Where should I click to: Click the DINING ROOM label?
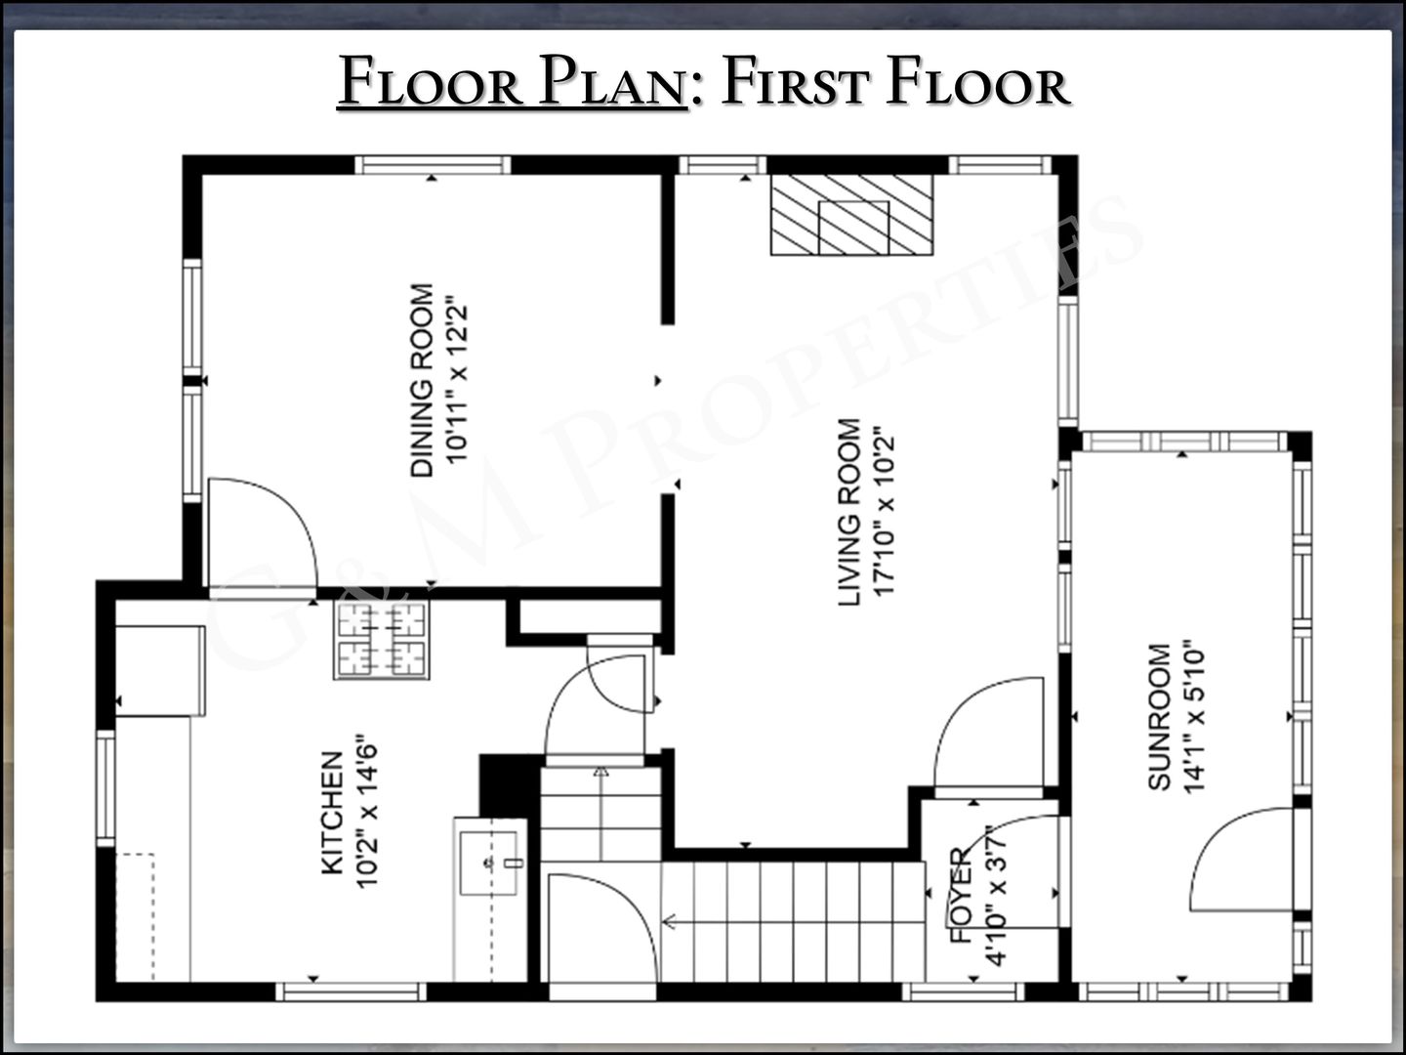[422, 381]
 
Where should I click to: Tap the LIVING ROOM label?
[849, 512]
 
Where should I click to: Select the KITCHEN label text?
[332, 813]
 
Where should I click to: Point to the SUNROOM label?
[1159, 717]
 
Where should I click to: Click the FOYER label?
[961, 895]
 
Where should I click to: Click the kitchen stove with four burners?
[382, 640]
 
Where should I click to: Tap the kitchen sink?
[489, 863]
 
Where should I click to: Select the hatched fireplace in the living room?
[851, 215]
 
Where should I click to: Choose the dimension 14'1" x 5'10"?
[1194, 717]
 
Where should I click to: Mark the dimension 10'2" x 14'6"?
[366, 812]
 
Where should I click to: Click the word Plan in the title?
[612, 81]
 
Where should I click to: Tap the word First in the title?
[796, 81]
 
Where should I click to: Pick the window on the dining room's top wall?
[433, 165]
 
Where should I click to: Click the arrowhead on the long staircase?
[669, 922]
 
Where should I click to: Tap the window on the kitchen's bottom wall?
[351, 992]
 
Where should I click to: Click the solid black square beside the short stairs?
[510, 785]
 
